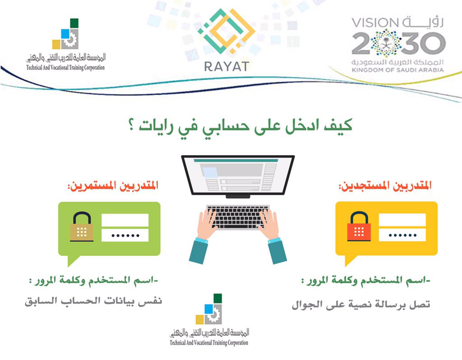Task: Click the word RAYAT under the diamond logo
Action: pyautogui.click(x=226, y=67)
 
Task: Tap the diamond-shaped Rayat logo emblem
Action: pyautogui.click(x=226, y=31)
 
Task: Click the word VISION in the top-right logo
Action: pyautogui.click(x=375, y=23)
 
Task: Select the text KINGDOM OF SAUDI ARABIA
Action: pyautogui.click(x=397, y=70)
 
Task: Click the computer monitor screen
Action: pyautogui.click(x=238, y=175)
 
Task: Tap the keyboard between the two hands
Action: pyautogui.click(x=238, y=217)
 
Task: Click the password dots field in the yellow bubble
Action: pyautogui.click(x=402, y=235)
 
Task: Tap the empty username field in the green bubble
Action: pyautogui.click(x=125, y=220)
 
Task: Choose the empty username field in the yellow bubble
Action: pyautogui.click(x=402, y=220)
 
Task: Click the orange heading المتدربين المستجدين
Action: pyautogui.click(x=385, y=186)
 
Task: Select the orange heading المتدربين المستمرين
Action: pyautogui.click(x=113, y=186)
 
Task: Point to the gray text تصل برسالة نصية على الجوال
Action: pyautogui.click(x=361, y=304)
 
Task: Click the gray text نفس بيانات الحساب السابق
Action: pyautogui.click(x=93, y=301)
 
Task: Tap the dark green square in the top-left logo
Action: pyautogui.click(x=74, y=23)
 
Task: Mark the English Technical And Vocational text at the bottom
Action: pyautogui.click(x=209, y=342)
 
